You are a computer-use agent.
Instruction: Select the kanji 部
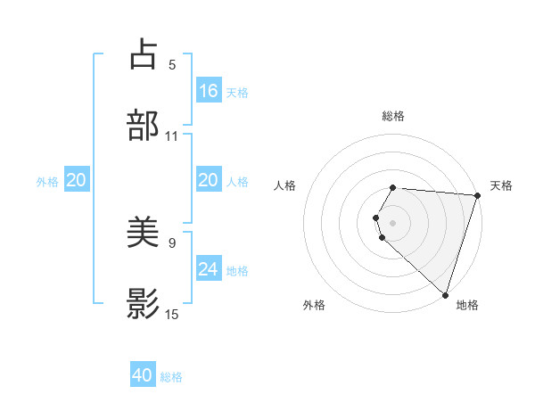tap(144, 124)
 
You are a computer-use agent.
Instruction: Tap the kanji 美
tap(144, 234)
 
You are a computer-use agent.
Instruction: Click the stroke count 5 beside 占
tap(172, 64)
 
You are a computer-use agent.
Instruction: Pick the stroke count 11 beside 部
tap(171, 136)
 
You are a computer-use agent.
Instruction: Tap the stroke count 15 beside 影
tap(172, 314)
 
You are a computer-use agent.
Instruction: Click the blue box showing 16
tap(209, 90)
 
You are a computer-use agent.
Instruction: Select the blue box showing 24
tap(209, 268)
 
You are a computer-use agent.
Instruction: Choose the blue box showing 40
tap(144, 375)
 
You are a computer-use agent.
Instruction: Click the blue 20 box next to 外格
tap(76, 180)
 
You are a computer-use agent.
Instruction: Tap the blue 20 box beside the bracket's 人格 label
tap(209, 180)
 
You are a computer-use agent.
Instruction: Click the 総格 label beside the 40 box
tap(171, 377)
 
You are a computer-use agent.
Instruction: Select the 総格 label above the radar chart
tap(393, 116)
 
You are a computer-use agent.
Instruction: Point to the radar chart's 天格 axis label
tap(501, 185)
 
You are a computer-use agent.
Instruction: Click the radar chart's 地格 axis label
tap(467, 305)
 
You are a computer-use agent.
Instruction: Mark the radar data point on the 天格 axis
tap(477, 195)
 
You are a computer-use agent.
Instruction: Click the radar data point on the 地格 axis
tap(444, 294)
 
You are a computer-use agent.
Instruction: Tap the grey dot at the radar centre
tap(393, 222)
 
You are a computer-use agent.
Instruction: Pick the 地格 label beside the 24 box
tap(237, 270)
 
